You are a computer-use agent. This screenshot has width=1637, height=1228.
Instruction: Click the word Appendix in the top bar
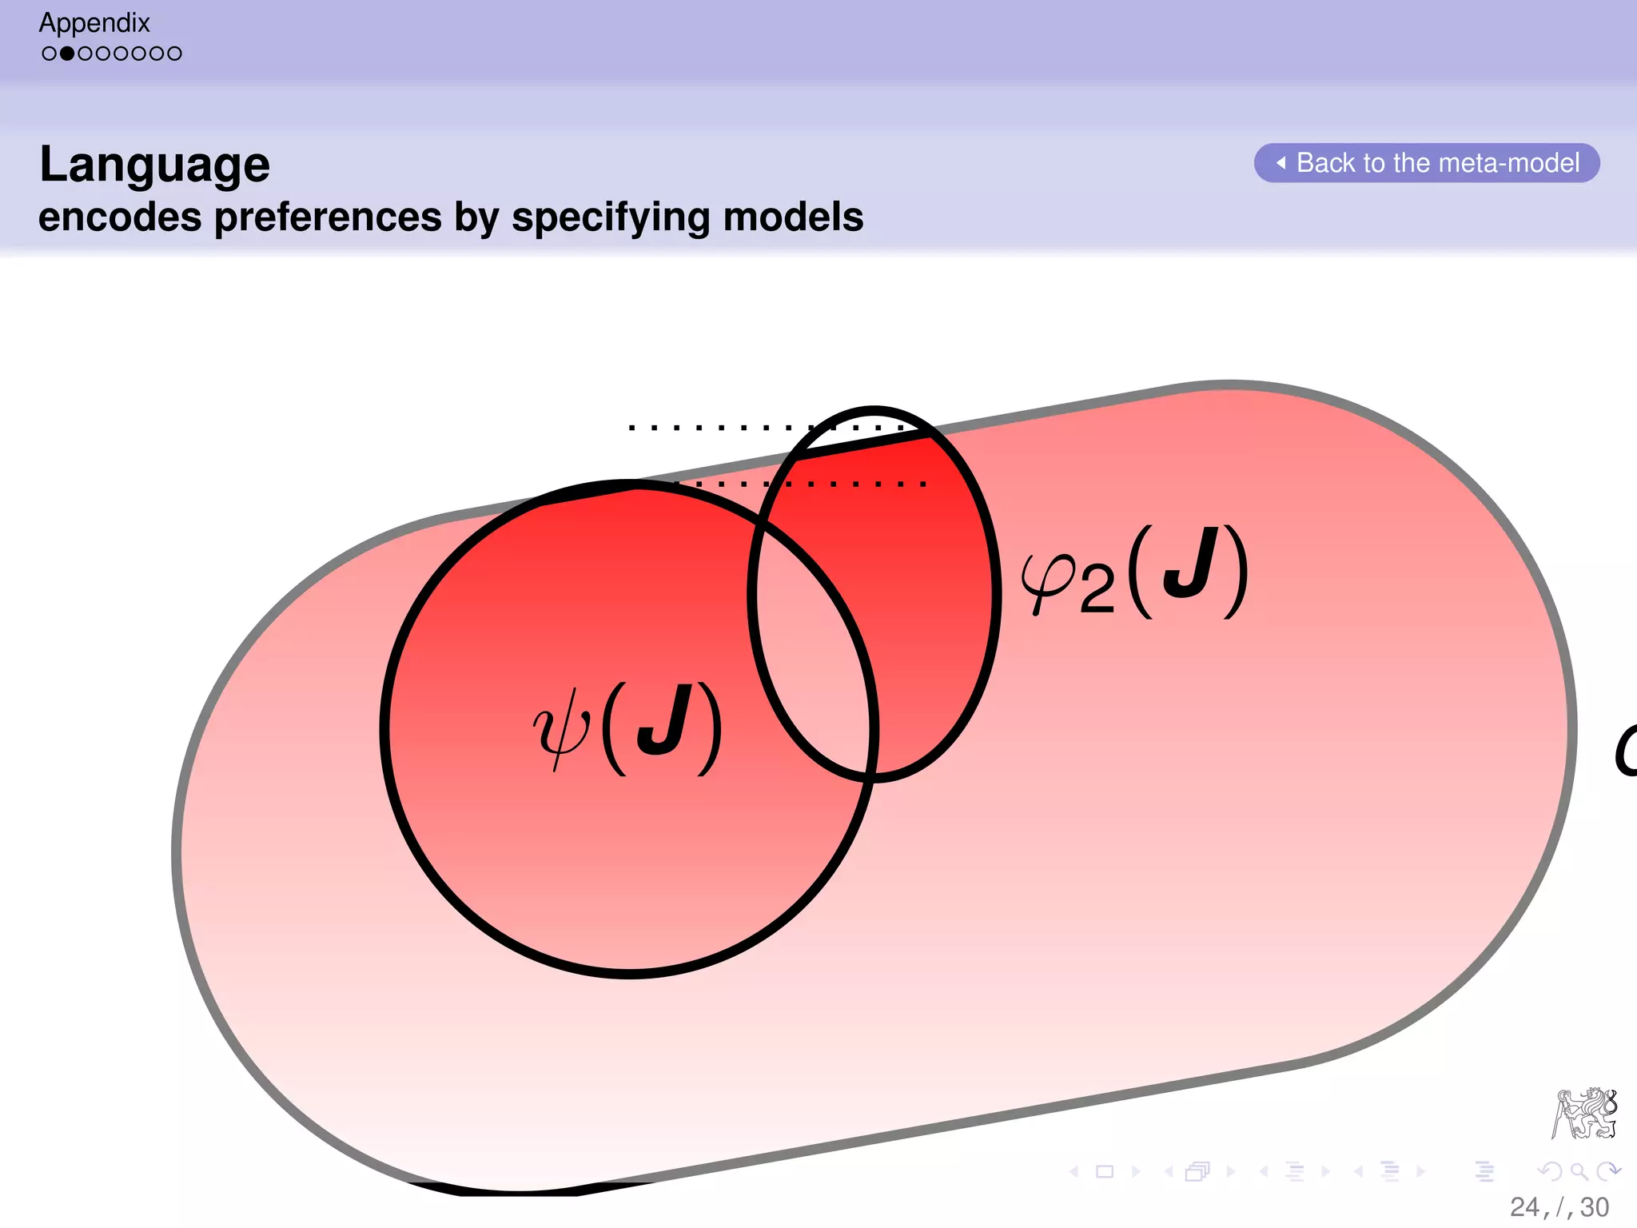click(94, 22)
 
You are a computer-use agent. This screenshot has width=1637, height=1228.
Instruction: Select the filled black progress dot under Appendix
click(67, 54)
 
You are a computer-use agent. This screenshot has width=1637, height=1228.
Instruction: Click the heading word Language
click(154, 165)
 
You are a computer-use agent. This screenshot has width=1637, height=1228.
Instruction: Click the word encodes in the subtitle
click(120, 217)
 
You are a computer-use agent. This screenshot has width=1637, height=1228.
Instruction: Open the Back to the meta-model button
click(1428, 163)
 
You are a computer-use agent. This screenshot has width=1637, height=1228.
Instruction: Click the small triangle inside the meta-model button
click(1281, 163)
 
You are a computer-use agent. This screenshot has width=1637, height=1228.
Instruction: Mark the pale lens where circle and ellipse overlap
click(811, 640)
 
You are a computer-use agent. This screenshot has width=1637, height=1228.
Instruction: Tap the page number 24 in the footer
click(1524, 1206)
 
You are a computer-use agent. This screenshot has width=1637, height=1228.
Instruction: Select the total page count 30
click(1595, 1206)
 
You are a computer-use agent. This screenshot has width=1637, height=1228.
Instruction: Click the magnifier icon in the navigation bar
click(1579, 1172)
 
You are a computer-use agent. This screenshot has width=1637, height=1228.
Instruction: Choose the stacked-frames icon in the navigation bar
click(1197, 1172)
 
